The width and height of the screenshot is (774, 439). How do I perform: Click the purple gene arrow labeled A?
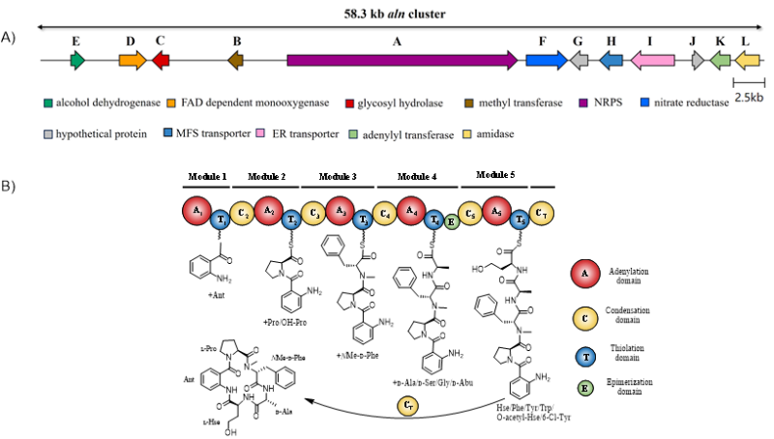click(x=402, y=60)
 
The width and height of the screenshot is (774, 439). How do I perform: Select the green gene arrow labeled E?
click(x=77, y=60)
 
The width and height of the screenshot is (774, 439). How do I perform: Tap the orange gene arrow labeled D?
click(x=133, y=60)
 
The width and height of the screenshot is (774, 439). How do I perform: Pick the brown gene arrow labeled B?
click(x=235, y=60)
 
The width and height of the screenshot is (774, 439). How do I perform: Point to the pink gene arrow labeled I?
click(x=652, y=60)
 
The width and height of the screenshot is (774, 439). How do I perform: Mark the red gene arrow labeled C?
click(x=161, y=60)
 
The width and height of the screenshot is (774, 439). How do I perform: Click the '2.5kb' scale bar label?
click(x=749, y=98)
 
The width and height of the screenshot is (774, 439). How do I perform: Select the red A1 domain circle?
click(x=197, y=211)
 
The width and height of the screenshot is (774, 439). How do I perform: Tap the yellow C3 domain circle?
click(x=313, y=213)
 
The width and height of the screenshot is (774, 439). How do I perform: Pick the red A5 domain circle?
click(x=496, y=211)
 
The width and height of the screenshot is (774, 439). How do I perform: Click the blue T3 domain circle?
click(x=363, y=220)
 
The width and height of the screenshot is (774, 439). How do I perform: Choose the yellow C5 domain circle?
click(x=470, y=213)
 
